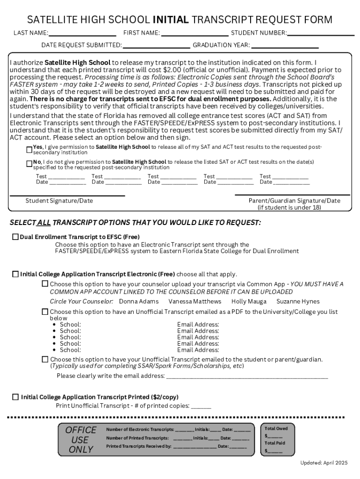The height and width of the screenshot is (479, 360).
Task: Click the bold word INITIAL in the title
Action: (x=171, y=20)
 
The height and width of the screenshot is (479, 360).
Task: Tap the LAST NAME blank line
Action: (x=82, y=34)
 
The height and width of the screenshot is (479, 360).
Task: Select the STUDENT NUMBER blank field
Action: (x=321, y=34)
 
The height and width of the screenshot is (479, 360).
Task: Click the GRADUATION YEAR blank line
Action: (x=285, y=46)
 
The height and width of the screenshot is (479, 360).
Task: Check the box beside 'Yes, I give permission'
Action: (x=29, y=149)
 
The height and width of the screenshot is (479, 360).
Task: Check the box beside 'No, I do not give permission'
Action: (x=29, y=164)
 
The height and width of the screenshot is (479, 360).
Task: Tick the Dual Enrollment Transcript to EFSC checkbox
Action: (x=15, y=237)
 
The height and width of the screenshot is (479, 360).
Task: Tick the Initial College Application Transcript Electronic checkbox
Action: (x=15, y=274)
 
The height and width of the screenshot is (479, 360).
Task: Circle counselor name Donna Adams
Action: (x=139, y=302)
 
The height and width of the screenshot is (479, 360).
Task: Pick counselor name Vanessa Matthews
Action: (x=195, y=302)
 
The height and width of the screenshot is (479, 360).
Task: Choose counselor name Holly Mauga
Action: (x=249, y=302)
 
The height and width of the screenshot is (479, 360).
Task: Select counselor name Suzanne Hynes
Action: (x=298, y=302)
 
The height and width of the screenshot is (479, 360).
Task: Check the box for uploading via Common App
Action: (x=45, y=284)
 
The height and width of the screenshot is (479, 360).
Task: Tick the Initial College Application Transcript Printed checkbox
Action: (x=15, y=397)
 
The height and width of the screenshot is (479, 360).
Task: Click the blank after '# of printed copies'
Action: (x=201, y=407)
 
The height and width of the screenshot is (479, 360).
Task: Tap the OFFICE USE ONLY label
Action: (x=81, y=440)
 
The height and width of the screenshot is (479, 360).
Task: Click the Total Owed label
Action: (x=276, y=428)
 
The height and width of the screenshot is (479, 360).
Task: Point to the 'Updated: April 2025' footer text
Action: (x=324, y=463)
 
